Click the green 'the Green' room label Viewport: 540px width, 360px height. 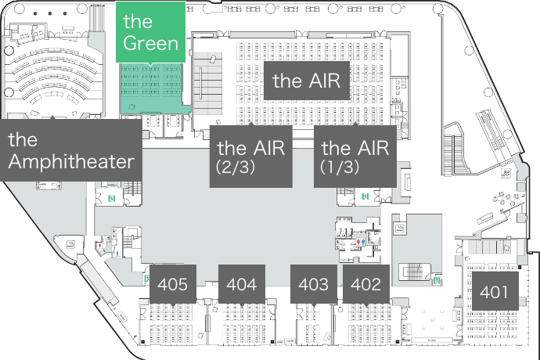(x=151, y=32)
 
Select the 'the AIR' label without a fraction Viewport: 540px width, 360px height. (x=310, y=80)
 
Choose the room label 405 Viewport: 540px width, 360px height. (x=172, y=284)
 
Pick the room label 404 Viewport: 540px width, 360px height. (x=241, y=284)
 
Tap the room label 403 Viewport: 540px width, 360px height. (x=314, y=284)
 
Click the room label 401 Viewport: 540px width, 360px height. (x=495, y=293)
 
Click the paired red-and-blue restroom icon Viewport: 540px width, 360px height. (x=359, y=243)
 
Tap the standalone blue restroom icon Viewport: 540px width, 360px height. (x=117, y=253)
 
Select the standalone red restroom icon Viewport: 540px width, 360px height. (x=100, y=246)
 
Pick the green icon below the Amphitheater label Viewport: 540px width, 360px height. (x=112, y=198)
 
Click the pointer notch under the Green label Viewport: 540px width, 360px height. (x=151, y=65)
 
